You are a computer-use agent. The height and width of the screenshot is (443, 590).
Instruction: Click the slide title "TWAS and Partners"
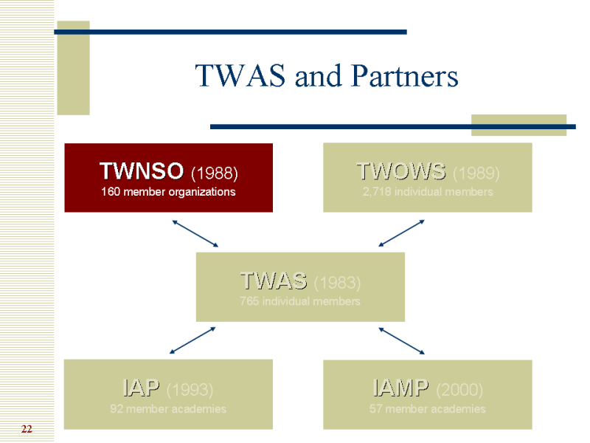click(326, 76)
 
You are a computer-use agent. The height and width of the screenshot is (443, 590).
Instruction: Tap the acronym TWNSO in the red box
click(142, 172)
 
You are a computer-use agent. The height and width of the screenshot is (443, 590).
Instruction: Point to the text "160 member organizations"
click(168, 192)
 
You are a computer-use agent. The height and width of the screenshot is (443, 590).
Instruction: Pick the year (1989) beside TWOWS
click(476, 174)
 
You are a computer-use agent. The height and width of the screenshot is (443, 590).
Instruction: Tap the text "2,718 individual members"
click(427, 192)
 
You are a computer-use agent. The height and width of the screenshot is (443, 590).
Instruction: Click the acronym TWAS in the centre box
click(274, 281)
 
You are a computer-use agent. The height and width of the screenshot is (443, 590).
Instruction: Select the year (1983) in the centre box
click(337, 282)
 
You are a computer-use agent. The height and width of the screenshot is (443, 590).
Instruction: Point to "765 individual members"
click(300, 301)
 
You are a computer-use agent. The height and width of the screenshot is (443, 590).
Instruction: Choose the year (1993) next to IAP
click(190, 389)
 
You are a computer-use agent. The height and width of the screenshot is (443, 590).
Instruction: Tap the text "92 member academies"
click(168, 408)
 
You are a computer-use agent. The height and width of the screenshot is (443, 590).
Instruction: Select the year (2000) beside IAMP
click(459, 389)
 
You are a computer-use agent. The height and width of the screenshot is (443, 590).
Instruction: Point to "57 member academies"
click(427, 408)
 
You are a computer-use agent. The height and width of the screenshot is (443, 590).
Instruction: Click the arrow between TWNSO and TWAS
click(195, 233)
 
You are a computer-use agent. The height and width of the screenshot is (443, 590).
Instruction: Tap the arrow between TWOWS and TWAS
click(402, 233)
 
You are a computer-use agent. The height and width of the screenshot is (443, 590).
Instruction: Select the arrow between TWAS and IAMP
click(402, 340)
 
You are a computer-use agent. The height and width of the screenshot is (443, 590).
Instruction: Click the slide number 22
click(27, 429)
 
